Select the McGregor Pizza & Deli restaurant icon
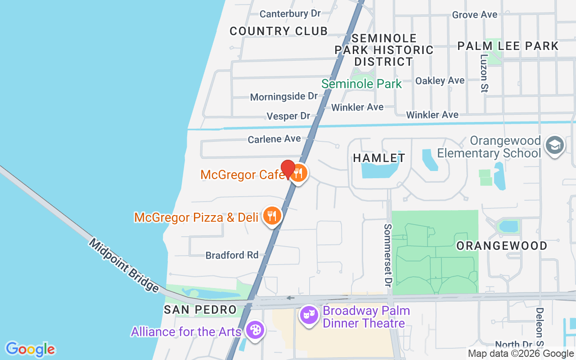click(x=271, y=216)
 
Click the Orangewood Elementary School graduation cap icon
click(x=554, y=146)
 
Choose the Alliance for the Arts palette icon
click(x=255, y=331)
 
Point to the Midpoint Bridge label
click(x=124, y=265)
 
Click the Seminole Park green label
click(x=362, y=84)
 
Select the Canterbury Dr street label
click(x=290, y=14)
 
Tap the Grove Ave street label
click(x=475, y=15)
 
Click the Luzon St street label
click(x=484, y=73)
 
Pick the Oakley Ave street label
click(x=440, y=81)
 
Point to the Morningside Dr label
click(x=284, y=96)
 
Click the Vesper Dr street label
click(x=288, y=116)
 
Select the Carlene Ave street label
click(x=274, y=139)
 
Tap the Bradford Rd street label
click(x=232, y=255)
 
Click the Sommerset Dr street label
click(x=387, y=255)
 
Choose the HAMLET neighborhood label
click(x=379, y=158)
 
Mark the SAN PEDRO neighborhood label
click(x=200, y=310)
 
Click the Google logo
click(x=30, y=349)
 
